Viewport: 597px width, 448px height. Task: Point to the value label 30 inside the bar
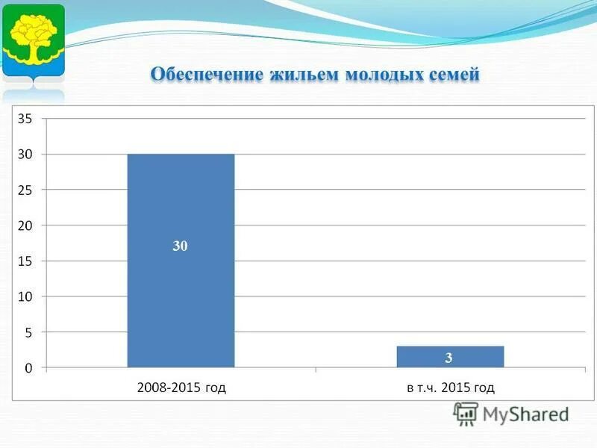pos(181,246)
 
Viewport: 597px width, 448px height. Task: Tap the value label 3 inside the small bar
pos(449,358)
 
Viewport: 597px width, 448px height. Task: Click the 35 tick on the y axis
pos(25,118)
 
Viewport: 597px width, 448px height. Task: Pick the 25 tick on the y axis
pos(25,190)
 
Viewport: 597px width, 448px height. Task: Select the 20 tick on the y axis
pos(25,225)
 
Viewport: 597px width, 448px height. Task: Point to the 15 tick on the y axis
pos(25,261)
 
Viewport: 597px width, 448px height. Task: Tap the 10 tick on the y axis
pos(25,296)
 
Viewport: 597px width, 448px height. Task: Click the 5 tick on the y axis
pos(28,332)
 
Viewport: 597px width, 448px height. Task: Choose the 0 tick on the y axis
pos(28,368)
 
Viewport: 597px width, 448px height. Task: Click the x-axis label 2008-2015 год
pos(181,388)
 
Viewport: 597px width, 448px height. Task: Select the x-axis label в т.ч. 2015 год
pos(451,388)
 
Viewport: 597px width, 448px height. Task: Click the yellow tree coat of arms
pos(33,40)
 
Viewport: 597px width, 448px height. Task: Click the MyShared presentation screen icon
pos(466,414)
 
